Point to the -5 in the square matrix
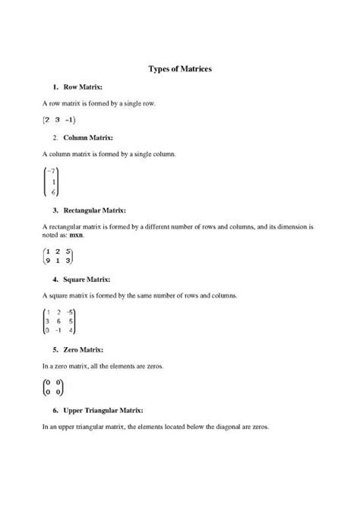69,311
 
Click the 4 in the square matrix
71,330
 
